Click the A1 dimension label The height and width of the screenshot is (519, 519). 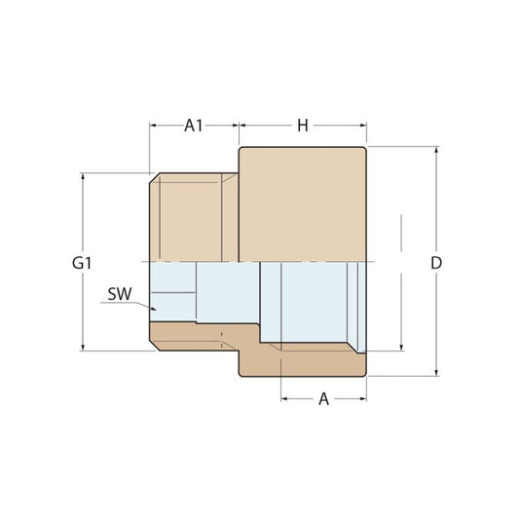tap(194, 126)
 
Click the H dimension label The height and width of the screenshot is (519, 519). tap(303, 126)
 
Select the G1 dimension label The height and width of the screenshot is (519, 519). tap(82, 263)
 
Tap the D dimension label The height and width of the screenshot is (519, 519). tap(436, 263)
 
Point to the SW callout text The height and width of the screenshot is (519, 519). tap(120, 294)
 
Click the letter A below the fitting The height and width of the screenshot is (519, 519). tap(323, 399)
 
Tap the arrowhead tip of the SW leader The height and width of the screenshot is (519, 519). tap(156, 310)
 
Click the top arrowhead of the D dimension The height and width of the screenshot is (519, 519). tap(436, 150)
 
